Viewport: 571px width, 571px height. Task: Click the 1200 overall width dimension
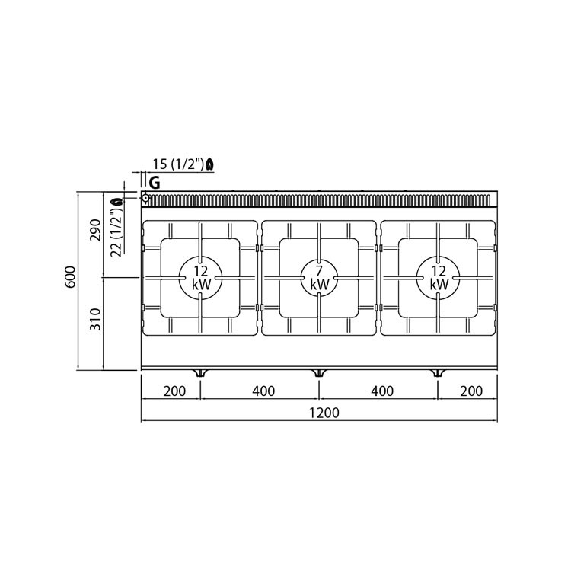324,413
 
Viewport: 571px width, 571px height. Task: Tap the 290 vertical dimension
95,230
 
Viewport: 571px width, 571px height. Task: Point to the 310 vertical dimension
95,319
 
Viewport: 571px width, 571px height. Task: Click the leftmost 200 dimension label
174,391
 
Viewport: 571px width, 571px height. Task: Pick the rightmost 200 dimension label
471,391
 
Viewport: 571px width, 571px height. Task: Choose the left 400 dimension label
263,391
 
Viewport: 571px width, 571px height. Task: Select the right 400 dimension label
382,391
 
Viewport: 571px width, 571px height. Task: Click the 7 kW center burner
319,278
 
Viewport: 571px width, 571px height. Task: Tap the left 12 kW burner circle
200,278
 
